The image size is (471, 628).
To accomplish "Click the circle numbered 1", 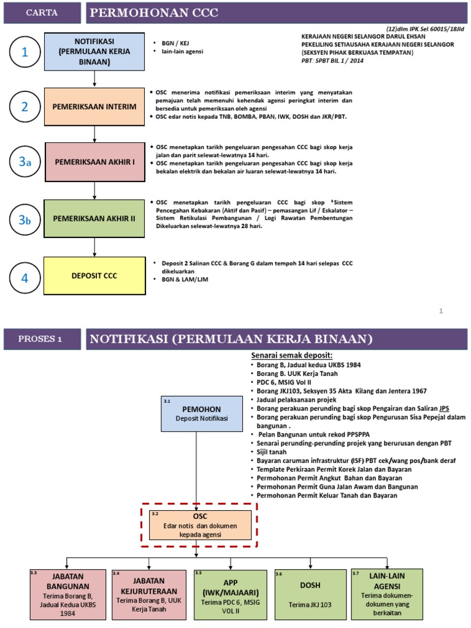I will [25, 53].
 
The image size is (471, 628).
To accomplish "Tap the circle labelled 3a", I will [25, 162].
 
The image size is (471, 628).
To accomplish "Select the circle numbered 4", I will [25, 277].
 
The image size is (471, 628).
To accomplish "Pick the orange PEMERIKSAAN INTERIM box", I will [94, 107].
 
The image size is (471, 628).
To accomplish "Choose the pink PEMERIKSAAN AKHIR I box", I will [94, 163].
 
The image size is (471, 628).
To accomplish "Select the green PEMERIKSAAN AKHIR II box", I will [94, 219].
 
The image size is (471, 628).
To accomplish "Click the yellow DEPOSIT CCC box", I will [94, 275].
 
